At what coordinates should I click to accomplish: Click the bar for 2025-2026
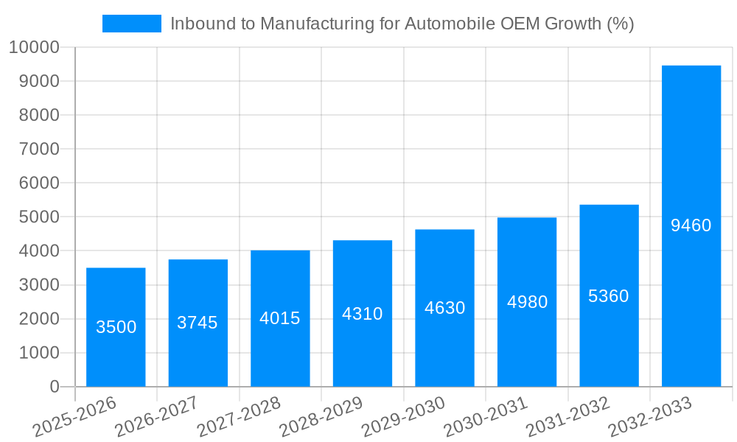click(x=116, y=327)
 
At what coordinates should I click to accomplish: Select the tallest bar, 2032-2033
click(x=691, y=225)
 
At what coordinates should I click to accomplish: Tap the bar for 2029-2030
click(x=444, y=308)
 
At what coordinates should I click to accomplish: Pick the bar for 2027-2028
click(x=280, y=318)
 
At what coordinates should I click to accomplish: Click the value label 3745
click(x=198, y=323)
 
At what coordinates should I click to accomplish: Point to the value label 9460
click(x=691, y=225)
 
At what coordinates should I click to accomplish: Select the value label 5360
click(x=609, y=296)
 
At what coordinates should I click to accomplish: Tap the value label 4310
click(x=362, y=314)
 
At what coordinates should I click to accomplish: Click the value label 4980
click(x=527, y=302)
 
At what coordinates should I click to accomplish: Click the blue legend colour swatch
click(x=131, y=24)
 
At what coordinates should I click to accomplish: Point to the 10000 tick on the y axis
click(x=33, y=48)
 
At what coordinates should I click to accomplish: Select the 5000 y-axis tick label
click(x=38, y=217)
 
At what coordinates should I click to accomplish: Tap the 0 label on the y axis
click(x=54, y=387)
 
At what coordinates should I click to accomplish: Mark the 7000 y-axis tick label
click(x=38, y=150)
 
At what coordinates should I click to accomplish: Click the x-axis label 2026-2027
click(x=156, y=415)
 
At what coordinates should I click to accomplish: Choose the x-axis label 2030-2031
click(x=485, y=415)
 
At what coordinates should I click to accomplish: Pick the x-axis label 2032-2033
click(x=650, y=415)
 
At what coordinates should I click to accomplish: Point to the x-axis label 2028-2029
click(x=321, y=415)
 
